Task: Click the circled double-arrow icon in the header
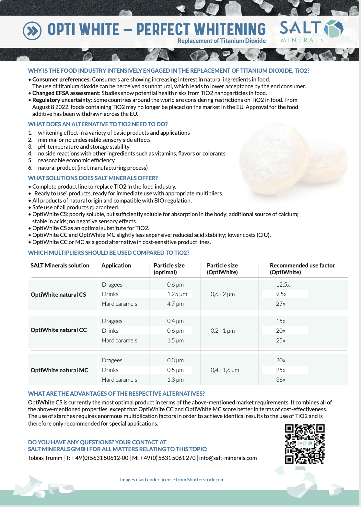(32, 31)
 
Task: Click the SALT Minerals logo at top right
(311, 31)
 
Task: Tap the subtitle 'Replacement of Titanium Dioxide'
(221, 41)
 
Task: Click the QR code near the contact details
(305, 444)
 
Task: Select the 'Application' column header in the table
(116, 266)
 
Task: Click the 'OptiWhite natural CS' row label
(58, 295)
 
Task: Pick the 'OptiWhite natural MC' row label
(59, 370)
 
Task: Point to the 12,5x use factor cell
(283, 285)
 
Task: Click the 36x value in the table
(281, 380)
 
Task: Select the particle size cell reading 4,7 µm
(175, 304)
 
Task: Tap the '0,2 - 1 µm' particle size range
(223, 331)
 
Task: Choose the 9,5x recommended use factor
(281, 294)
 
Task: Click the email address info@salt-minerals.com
(228, 458)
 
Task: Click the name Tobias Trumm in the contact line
(45, 458)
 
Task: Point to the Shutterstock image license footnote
(172, 480)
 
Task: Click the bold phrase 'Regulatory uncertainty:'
(62, 100)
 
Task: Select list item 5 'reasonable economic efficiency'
(76, 160)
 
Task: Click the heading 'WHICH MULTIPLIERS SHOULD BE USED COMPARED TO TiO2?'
(109, 253)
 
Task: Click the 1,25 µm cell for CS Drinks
(177, 294)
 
